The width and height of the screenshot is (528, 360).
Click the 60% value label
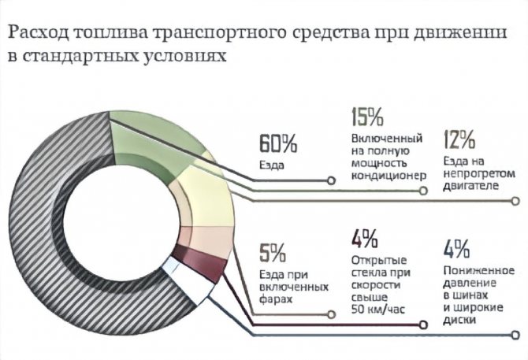pyautogui.click(x=278, y=144)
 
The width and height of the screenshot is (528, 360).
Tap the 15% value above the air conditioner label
pyautogui.click(x=367, y=117)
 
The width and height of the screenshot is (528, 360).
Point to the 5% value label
pyautogui.click(x=273, y=254)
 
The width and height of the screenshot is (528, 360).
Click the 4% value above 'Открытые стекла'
pyautogui.click(x=365, y=238)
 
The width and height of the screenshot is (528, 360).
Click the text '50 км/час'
pyautogui.click(x=379, y=310)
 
